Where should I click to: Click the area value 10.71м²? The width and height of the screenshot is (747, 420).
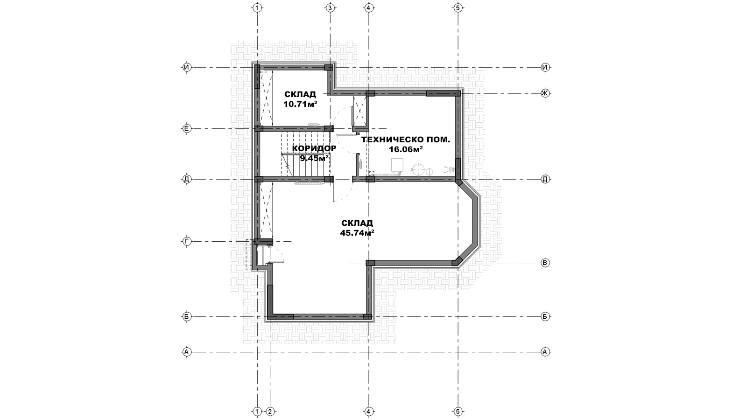click(300, 104)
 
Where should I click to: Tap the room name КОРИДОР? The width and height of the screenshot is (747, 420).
click(314, 148)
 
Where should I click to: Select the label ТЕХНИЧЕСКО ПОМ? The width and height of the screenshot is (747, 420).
click(406, 140)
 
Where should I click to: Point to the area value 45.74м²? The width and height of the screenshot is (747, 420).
click(357, 233)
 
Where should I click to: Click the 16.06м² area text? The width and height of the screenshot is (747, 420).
click(406, 149)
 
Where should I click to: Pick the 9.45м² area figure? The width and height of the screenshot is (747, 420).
click(314, 158)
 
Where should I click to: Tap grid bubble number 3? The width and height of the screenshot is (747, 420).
click(330, 8)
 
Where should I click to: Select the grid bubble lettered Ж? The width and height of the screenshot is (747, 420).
click(545, 93)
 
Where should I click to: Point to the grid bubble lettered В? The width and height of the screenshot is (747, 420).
click(545, 263)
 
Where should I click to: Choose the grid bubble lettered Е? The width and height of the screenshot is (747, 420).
click(187, 128)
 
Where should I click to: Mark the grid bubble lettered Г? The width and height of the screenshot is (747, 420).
click(187, 241)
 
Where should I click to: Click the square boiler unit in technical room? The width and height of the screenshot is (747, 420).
click(397, 166)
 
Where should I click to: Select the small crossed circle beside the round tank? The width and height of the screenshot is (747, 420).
click(430, 171)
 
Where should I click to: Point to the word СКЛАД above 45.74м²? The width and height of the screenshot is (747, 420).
click(357, 223)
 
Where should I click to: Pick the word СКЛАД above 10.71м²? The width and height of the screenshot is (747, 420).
click(300, 94)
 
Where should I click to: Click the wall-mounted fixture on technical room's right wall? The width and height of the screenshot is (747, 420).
click(449, 169)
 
